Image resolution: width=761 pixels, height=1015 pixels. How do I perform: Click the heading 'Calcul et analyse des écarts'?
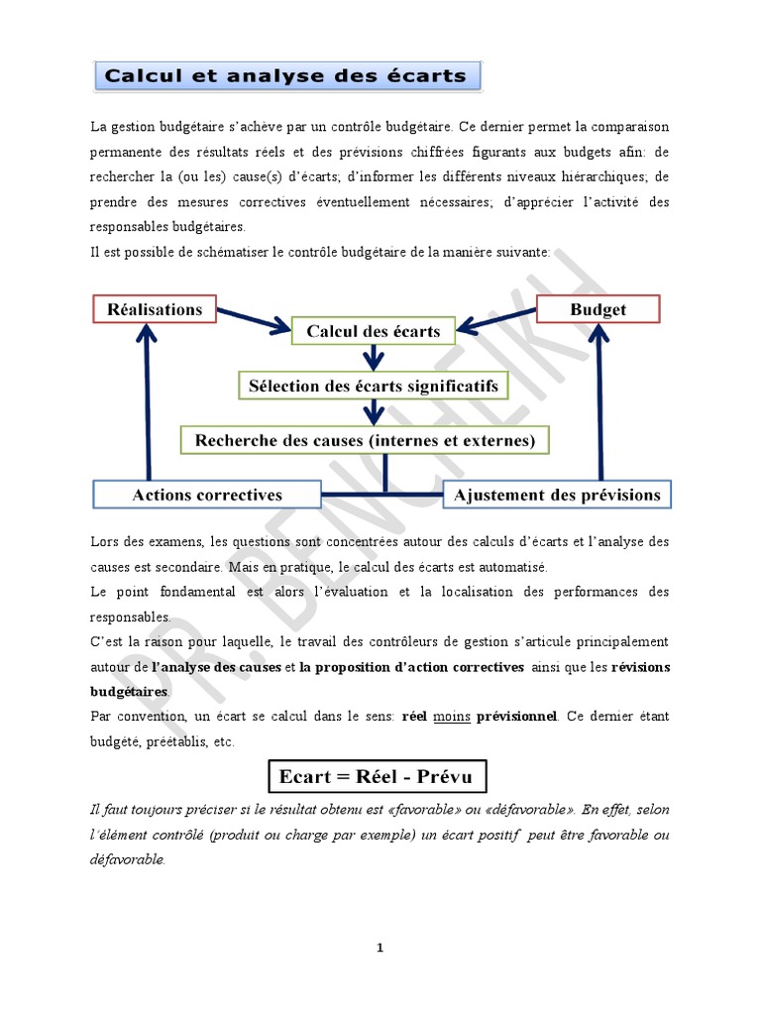coord(286,76)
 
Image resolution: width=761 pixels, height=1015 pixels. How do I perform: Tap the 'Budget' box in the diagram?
coord(598,309)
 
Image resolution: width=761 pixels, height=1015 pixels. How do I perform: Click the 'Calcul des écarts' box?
coord(374,331)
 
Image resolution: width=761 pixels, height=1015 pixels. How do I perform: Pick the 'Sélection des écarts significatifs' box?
coord(374,385)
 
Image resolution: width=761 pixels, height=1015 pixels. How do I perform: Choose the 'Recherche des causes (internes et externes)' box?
coord(365,439)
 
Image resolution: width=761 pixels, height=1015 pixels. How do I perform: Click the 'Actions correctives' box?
coord(207,495)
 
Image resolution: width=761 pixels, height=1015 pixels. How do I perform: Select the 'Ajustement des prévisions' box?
coord(556,495)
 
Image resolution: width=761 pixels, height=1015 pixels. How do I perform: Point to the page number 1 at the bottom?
coord(380,949)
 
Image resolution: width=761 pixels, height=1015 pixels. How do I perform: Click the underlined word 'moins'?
coord(451,716)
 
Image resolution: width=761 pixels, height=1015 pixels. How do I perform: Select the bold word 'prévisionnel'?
coord(516,716)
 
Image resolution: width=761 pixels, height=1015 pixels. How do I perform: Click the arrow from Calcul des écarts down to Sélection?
coord(374,357)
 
